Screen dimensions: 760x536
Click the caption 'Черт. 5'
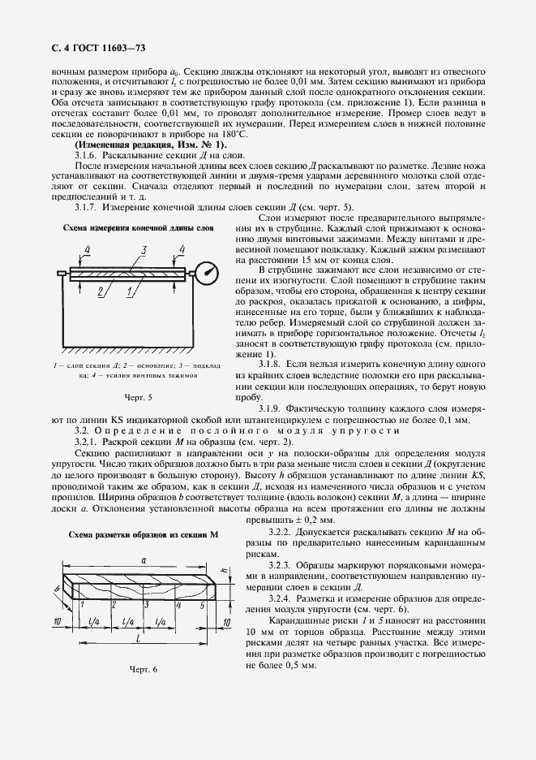pos(138,396)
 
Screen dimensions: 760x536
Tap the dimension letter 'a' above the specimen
pos(143,560)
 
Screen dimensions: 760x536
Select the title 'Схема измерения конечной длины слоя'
pos(139,229)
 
